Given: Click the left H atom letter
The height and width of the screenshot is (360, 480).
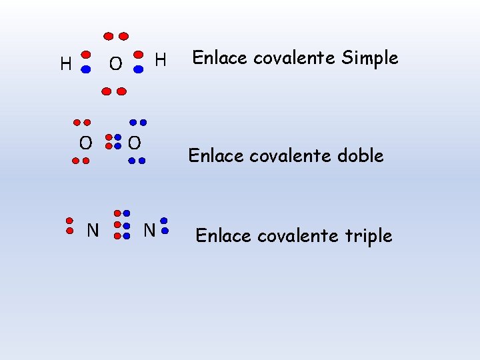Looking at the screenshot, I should tap(65, 64).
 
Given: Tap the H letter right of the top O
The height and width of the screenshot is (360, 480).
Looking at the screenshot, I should tap(160, 61).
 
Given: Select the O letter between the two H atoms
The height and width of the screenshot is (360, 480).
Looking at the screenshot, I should tap(115, 64).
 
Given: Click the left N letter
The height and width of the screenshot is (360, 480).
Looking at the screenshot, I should tap(93, 231).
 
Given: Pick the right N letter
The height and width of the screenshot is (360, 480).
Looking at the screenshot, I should tap(149, 231).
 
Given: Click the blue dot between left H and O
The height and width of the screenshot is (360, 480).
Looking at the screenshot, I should tap(86, 69).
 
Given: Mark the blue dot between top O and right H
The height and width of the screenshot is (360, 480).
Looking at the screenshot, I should tap(139, 69).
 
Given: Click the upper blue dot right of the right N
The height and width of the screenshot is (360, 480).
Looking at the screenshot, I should tap(164, 221).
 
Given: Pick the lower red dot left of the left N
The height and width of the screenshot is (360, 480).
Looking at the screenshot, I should tap(69, 231).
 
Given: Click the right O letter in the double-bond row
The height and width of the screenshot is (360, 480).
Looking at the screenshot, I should tap(134, 142).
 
